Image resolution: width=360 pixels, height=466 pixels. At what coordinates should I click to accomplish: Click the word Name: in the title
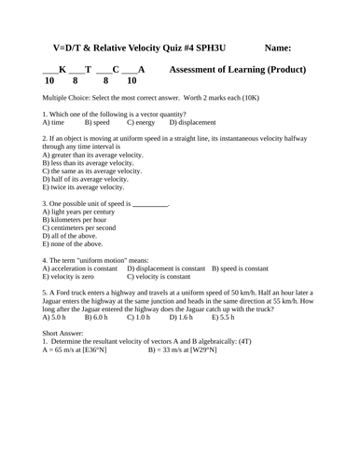[277, 47]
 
